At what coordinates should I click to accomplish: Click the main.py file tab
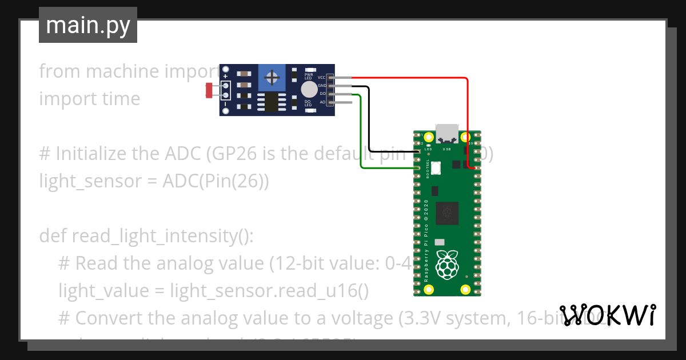[87, 25]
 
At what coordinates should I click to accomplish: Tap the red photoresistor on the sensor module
[209, 89]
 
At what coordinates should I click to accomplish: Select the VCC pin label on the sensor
[322, 77]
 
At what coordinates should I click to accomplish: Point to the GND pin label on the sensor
[322, 85]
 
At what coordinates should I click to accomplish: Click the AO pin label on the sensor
[322, 102]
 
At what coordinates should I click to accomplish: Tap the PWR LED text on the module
[308, 76]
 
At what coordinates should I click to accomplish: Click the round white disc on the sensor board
[309, 89]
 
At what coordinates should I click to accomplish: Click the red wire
[468, 114]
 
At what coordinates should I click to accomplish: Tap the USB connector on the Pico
[446, 133]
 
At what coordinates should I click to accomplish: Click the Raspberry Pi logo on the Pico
[447, 265]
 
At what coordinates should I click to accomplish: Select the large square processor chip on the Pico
[447, 214]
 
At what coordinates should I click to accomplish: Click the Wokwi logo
[608, 315]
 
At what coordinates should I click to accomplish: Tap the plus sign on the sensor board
[226, 76]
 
